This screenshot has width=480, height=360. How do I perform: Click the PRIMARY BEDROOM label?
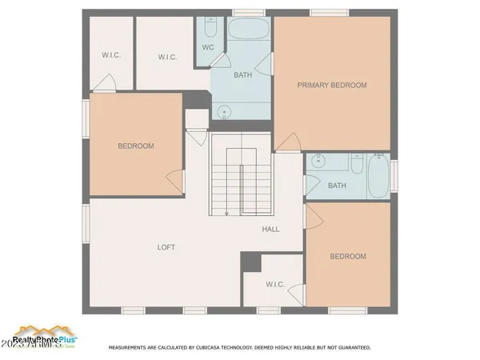tap(332, 85)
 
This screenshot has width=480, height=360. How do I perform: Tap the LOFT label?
tap(166, 247)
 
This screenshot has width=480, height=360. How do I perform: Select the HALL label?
tap(271, 230)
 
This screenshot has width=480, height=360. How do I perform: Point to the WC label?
tap(208, 47)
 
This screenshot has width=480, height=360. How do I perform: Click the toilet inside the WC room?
tap(210, 29)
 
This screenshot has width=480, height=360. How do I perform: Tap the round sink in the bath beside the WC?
tap(225, 111)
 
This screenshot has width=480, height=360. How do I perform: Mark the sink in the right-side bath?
tap(318, 161)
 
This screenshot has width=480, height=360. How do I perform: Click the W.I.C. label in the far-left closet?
tap(110, 54)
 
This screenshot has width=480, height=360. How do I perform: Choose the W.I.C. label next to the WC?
tap(167, 57)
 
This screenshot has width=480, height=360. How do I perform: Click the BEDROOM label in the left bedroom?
tap(136, 146)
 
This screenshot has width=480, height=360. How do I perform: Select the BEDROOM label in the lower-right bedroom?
tap(348, 256)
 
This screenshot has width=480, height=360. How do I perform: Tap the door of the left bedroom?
tap(174, 180)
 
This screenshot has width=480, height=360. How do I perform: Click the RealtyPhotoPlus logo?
tap(44, 334)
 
